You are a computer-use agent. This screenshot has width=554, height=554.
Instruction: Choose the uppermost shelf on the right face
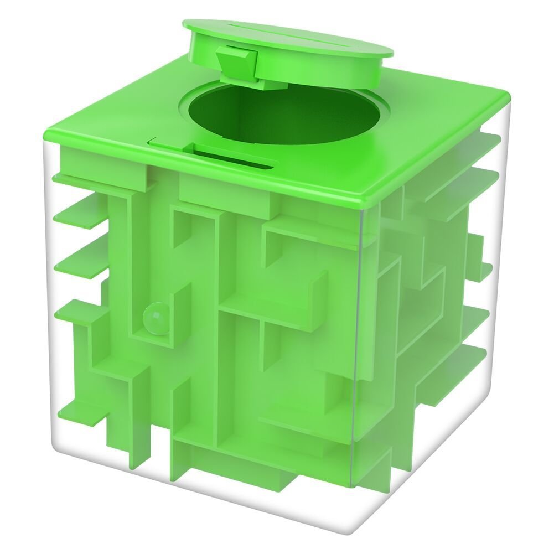coord(476,138)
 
